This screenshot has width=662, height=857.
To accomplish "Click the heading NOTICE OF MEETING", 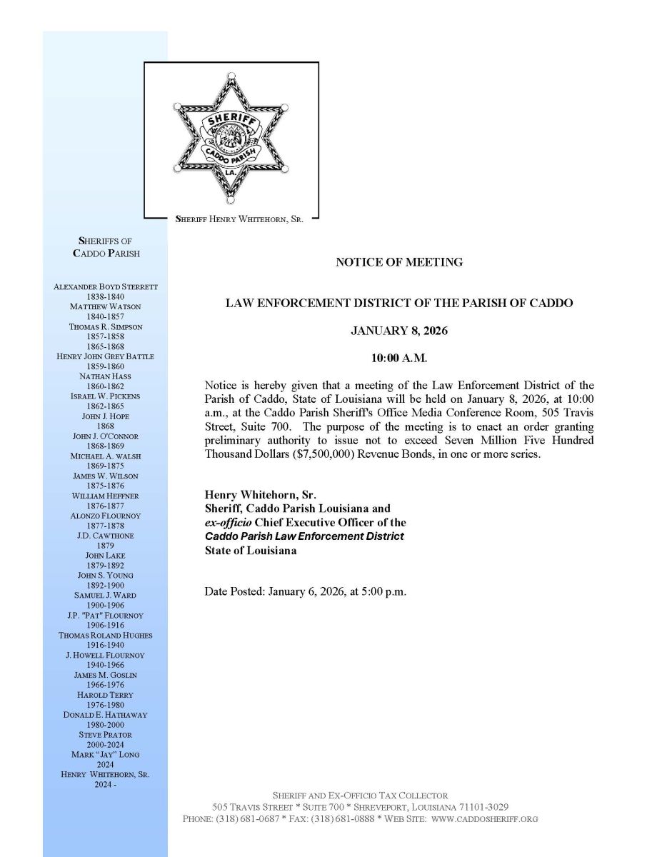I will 398,262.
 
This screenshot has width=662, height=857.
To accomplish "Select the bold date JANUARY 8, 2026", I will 398,331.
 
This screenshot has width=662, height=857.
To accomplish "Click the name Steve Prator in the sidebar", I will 106,734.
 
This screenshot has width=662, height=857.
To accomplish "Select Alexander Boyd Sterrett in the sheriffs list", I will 106,286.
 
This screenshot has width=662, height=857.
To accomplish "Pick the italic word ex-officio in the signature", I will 229,522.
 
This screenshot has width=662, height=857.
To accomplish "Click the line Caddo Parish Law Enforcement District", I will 304,536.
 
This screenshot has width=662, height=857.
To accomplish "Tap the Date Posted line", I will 305,591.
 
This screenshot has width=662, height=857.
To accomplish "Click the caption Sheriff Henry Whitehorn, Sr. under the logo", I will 239,220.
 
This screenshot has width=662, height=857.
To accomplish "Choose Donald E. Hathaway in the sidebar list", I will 106,714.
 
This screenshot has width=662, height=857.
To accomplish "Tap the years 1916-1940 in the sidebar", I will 106,645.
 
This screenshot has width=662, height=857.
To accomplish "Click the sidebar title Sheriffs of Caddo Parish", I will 106,247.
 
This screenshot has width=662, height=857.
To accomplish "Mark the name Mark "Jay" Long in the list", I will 106,754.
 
